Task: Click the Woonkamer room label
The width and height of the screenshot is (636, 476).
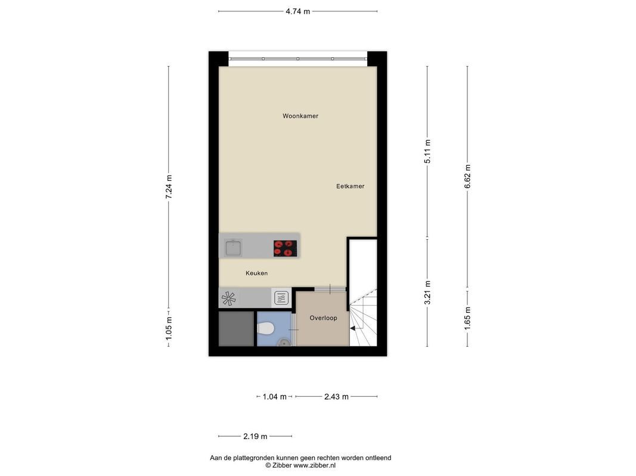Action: click(x=300, y=116)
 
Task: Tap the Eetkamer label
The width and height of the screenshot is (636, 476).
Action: click(x=350, y=186)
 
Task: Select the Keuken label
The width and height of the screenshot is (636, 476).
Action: click(x=256, y=273)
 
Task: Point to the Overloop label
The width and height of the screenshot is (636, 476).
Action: click(x=323, y=318)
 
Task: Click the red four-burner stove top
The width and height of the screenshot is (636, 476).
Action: click(x=285, y=249)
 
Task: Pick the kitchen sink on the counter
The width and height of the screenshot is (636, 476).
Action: click(x=233, y=248)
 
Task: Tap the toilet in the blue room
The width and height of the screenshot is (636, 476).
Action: click(x=265, y=328)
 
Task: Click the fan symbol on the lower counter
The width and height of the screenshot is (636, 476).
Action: click(x=228, y=299)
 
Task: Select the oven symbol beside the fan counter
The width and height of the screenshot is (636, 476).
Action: click(x=281, y=298)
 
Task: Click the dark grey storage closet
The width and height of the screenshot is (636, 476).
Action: click(x=236, y=328)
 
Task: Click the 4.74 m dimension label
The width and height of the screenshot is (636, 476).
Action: click(x=297, y=11)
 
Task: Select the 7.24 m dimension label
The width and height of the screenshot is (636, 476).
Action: click(x=169, y=187)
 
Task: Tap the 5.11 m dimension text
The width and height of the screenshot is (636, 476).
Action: click(x=427, y=151)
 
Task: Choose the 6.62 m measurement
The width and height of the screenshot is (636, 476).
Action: click(x=468, y=176)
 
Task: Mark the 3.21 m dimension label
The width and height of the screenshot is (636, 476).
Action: click(x=427, y=293)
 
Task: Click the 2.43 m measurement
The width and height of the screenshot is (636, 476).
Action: click(x=336, y=397)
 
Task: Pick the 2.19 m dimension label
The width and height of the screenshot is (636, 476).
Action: click(x=255, y=436)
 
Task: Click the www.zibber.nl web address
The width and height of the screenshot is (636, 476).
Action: click(x=314, y=465)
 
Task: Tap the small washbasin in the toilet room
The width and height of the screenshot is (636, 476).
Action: click(x=284, y=343)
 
